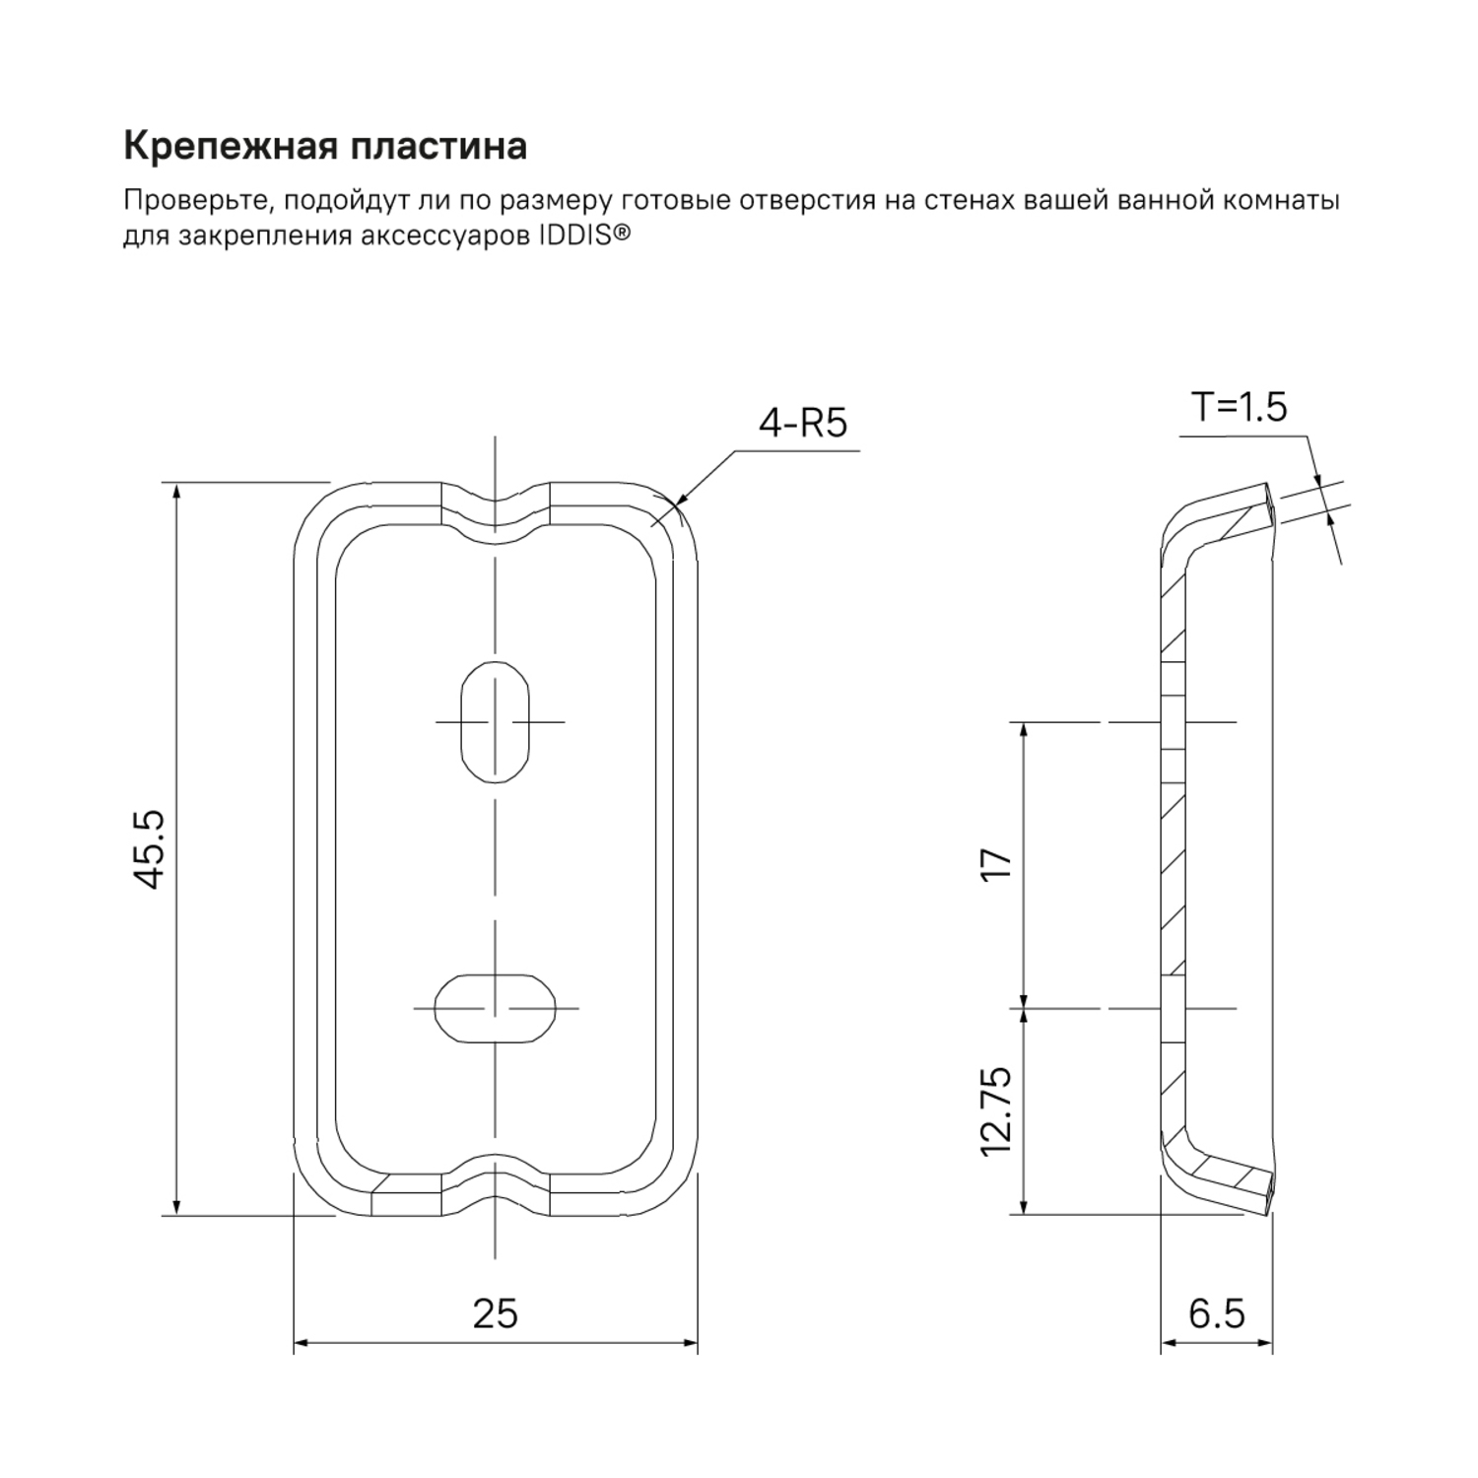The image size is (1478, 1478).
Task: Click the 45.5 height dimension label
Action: click(150, 849)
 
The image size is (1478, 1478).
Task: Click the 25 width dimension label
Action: click(495, 1313)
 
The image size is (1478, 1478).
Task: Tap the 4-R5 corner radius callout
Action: click(802, 423)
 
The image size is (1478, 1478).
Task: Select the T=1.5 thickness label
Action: click(1239, 406)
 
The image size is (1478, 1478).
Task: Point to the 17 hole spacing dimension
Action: click(997, 864)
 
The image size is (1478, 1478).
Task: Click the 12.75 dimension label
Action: click(997, 1110)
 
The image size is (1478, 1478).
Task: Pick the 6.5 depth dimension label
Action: click(1217, 1313)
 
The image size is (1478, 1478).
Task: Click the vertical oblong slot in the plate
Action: click(496, 722)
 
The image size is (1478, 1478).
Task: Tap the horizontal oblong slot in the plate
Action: click(495, 1008)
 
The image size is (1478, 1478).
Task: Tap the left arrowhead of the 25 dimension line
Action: click(300, 1342)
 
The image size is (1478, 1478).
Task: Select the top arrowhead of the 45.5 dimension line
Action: click(176, 490)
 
